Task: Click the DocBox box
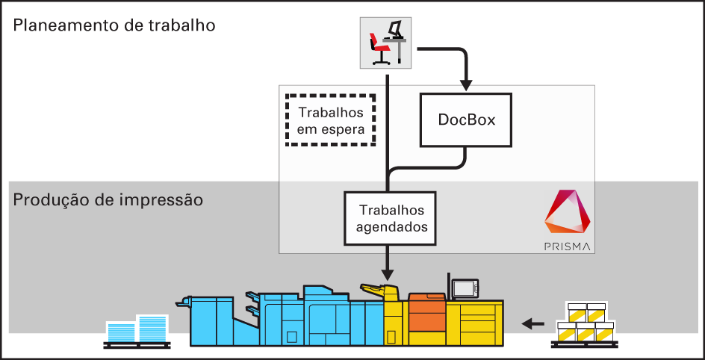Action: click(x=467, y=120)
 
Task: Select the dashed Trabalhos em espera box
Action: click(x=331, y=121)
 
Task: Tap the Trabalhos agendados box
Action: click(x=388, y=218)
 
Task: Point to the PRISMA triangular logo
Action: click(x=569, y=213)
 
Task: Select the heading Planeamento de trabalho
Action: click(x=114, y=25)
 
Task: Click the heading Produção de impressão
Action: click(x=108, y=200)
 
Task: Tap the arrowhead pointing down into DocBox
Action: click(x=466, y=80)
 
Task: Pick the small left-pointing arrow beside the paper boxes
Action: click(x=532, y=323)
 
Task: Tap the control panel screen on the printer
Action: click(x=465, y=288)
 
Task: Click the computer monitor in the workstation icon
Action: click(x=396, y=31)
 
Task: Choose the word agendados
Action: click(x=388, y=226)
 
